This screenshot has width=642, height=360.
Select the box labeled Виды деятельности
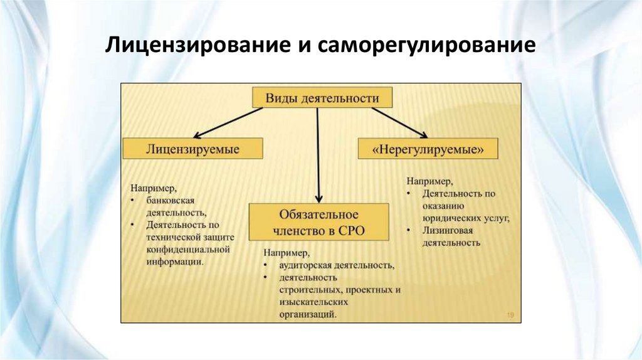click(x=322, y=98)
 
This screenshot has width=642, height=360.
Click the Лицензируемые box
click(x=192, y=149)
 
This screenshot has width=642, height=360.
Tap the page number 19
click(x=510, y=315)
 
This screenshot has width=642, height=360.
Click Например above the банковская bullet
click(x=153, y=188)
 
